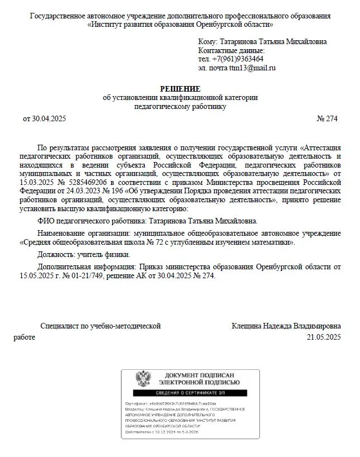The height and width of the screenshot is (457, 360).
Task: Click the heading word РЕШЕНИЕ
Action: [x=180, y=88]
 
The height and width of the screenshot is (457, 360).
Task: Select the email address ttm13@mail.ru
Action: [x=252, y=68]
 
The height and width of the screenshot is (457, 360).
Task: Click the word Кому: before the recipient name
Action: [x=208, y=42]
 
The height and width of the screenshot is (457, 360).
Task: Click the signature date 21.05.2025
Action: [x=324, y=337]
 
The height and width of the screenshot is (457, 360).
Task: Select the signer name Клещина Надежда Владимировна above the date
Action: [x=286, y=326]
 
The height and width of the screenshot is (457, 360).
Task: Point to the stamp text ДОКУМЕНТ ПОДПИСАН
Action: [x=199, y=375]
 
